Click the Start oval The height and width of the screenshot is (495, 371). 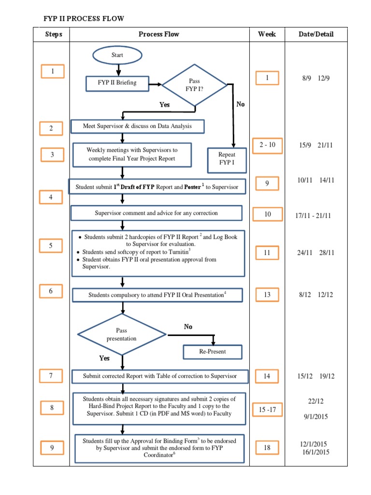pos(117,55)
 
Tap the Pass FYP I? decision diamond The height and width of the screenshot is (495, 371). pos(194,86)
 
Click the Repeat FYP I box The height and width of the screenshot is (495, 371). pos(227,160)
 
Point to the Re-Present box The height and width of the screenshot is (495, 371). pos(212,351)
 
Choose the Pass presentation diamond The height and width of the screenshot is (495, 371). pos(122,335)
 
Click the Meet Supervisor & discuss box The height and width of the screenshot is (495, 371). pos(137,126)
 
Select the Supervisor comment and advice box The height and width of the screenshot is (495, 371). pos(156,213)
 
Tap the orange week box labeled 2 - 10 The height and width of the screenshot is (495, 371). pos(267,145)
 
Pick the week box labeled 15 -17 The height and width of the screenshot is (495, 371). pos(268,409)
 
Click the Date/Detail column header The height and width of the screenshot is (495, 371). pos(316,34)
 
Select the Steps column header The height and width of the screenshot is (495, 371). pos(54,34)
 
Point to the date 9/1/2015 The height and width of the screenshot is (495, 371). pos(317,417)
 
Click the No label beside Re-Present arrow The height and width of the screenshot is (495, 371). pos(188,327)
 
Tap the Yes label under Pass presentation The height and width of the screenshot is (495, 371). pos(104,358)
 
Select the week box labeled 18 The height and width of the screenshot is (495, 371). pos(267,448)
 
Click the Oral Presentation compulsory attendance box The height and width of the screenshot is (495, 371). pos(157,294)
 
